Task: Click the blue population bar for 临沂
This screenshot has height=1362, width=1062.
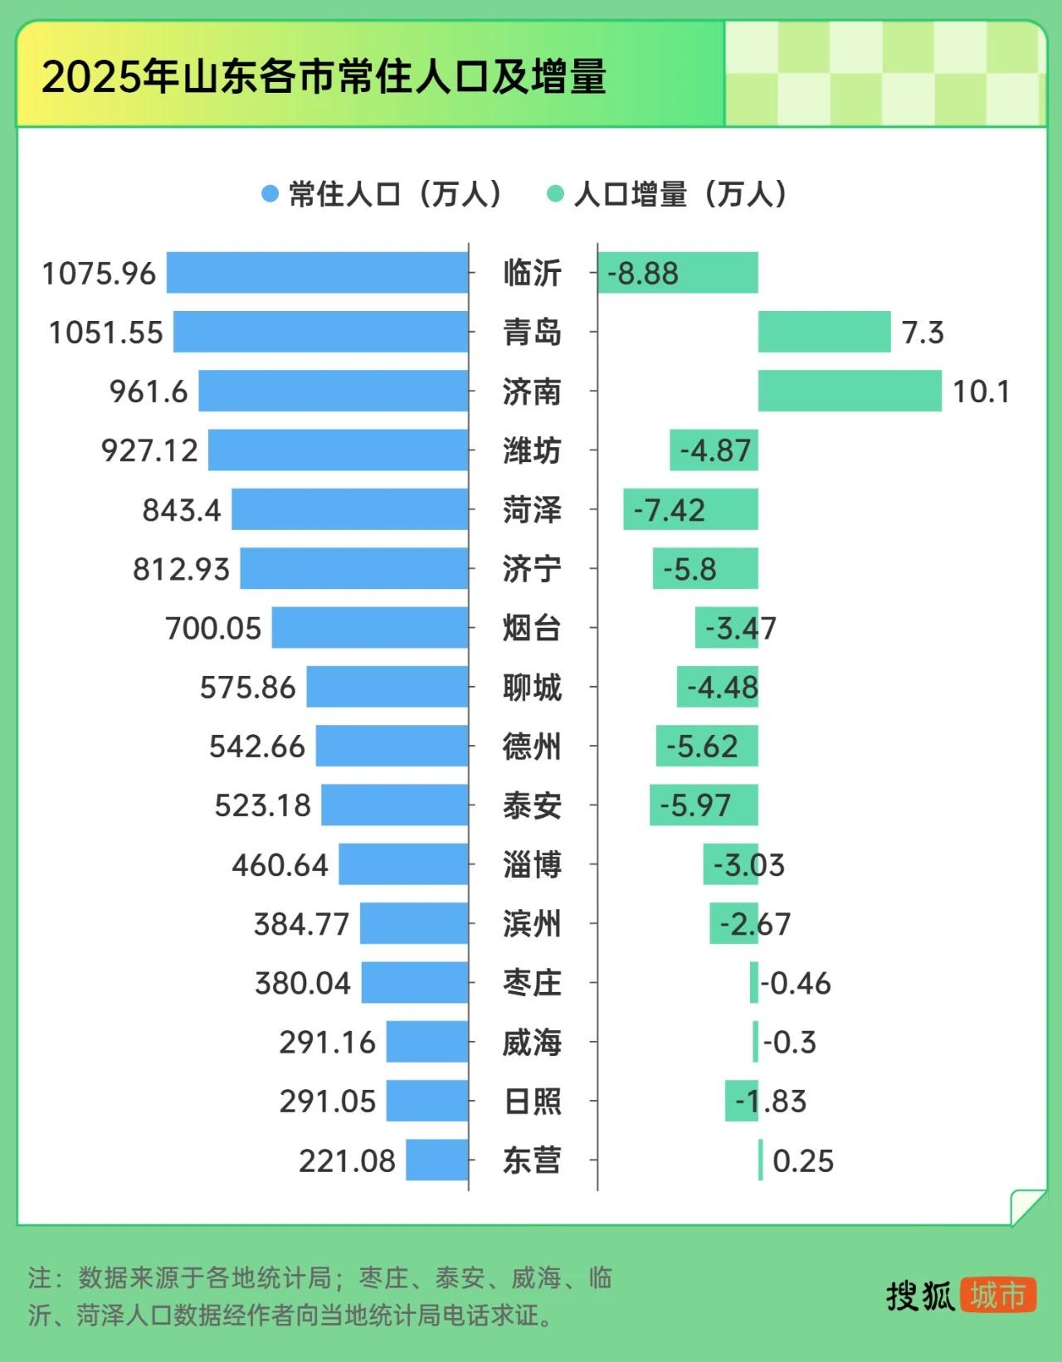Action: [317, 273]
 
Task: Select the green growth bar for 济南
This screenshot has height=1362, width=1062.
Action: [850, 391]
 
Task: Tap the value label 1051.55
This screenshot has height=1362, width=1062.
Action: [106, 333]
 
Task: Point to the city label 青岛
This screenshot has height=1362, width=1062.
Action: [532, 333]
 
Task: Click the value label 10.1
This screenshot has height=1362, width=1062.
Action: [981, 392]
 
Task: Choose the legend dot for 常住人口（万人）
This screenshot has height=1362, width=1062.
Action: [270, 194]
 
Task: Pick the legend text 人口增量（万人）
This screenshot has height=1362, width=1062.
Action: [680, 194]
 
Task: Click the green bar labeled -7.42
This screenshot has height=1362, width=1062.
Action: [690, 509]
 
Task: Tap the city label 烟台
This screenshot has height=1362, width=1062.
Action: [532, 628]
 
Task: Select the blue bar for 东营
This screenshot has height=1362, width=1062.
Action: [437, 1160]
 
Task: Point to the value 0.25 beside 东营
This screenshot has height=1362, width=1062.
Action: [802, 1160]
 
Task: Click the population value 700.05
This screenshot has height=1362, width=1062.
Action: [213, 628]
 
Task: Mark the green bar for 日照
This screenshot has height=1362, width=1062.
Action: [741, 1101]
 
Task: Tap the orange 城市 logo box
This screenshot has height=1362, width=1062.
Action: [998, 1295]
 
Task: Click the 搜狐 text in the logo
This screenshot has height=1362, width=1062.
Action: [920, 1296]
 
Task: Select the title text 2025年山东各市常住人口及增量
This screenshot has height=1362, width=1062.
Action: [324, 76]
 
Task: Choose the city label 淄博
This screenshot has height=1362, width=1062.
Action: [532, 864]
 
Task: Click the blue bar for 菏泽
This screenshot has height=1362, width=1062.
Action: [349, 509]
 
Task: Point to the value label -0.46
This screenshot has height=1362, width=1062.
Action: [796, 983]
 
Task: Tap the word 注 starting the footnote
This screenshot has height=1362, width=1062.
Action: [40, 1277]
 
